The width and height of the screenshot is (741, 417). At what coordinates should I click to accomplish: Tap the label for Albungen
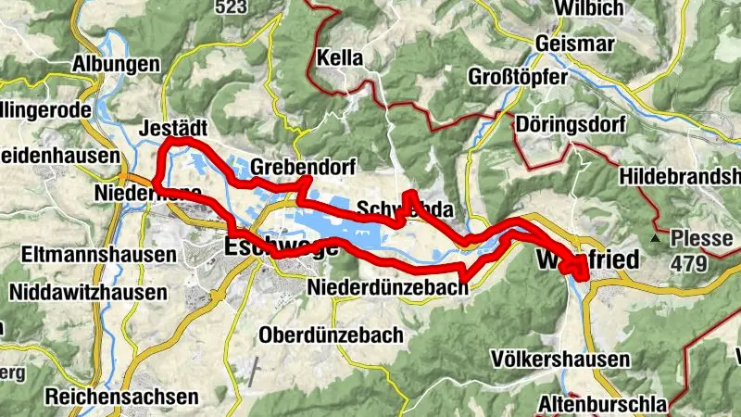pos(117,67)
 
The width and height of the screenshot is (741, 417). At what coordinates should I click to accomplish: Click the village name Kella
pos(339,56)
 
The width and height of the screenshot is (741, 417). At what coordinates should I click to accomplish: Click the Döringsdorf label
pos(572,124)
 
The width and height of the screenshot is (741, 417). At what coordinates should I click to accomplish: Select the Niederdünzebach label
pos(388,286)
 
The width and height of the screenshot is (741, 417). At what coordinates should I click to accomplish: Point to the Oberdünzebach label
pos(332,334)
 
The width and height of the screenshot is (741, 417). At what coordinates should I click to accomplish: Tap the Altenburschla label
pos(601,404)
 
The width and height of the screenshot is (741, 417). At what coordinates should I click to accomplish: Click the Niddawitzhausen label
pos(88,293)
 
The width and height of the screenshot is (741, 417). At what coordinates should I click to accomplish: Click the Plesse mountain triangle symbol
pos(655,238)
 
